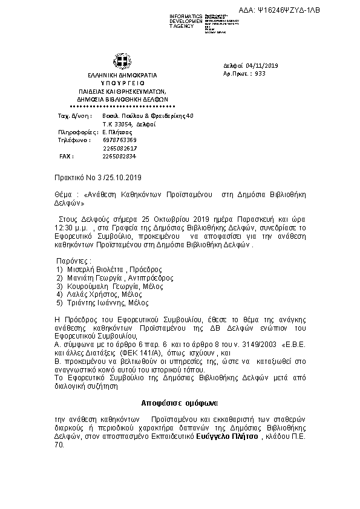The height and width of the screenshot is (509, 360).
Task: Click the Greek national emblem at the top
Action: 119,61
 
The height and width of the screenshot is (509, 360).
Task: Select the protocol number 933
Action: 261,73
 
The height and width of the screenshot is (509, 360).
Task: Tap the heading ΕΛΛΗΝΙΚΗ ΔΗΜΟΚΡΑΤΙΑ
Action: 119,76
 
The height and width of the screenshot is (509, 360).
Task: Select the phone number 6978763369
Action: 120,140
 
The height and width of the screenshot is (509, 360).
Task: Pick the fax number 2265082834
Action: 120,156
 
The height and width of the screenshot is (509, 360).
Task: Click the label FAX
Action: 66,156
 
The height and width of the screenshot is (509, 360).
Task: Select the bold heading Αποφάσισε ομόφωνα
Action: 180,402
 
